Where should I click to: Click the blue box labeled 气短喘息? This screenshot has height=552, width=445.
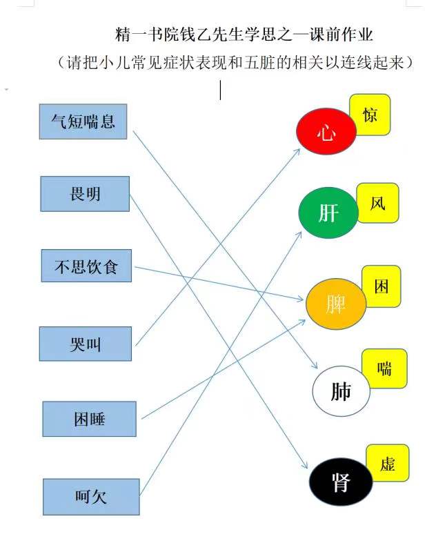tap(83, 121)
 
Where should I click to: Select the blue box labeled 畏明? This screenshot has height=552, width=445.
tap(85, 194)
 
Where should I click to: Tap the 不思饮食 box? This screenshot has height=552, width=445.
tap(86, 266)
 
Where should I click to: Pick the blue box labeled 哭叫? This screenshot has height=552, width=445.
tap(85, 344)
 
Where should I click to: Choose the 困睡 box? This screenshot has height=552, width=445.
tap(90, 419)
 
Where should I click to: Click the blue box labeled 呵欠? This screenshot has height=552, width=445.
tap(91, 497)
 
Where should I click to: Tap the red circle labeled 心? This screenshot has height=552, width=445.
tap(326, 131)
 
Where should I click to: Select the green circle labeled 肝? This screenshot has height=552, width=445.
tap(328, 213)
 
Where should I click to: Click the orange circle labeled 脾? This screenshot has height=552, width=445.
tap(336, 304)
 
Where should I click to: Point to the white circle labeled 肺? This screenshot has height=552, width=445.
tap(341, 391)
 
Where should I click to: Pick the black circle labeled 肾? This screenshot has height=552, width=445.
tap(341, 482)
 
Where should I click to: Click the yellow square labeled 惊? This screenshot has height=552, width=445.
tap(370, 115)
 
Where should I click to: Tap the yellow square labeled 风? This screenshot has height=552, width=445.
tap(378, 203)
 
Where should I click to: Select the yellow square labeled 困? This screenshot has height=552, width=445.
tap(382, 286)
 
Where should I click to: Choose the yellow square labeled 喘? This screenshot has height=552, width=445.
tap(385, 368)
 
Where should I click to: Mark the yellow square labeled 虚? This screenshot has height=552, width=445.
tap(388, 463)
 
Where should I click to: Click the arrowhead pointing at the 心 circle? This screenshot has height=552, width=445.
tap(297, 151)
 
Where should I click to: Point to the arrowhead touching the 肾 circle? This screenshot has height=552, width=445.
tap(304, 465)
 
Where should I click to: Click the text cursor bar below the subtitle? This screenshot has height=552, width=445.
tap(220, 90)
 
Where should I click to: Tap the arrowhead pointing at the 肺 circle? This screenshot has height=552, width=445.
tap(315, 365)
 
